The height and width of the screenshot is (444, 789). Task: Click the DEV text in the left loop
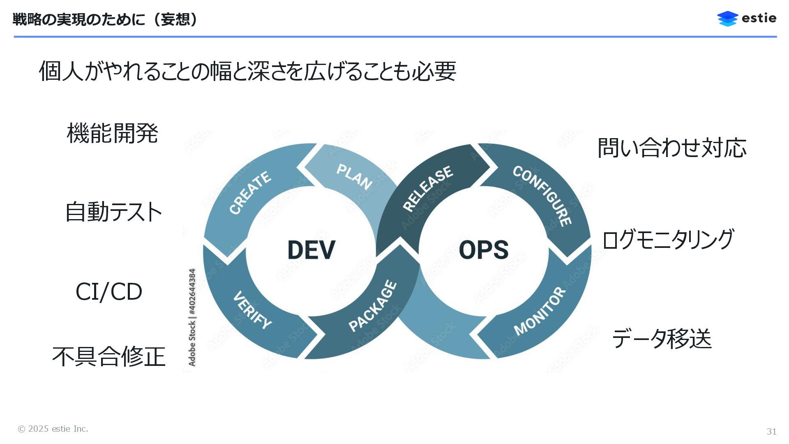click(x=311, y=250)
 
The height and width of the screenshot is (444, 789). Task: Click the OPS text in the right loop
click(x=483, y=250)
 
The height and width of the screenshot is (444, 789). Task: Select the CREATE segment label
click(x=250, y=192)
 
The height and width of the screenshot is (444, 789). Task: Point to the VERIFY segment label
click(x=252, y=310)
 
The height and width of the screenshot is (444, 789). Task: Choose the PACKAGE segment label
click(x=373, y=306)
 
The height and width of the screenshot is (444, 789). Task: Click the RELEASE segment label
click(x=428, y=189)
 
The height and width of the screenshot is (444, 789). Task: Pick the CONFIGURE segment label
click(x=542, y=196)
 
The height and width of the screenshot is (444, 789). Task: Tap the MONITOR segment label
click(x=540, y=311)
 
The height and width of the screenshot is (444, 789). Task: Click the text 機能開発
click(x=112, y=133)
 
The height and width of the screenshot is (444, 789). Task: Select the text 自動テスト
click(x=113, y=212)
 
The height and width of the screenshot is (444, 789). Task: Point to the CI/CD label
click(x=109, y=292)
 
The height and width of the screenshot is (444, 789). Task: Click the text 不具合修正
click(x=109, y=356)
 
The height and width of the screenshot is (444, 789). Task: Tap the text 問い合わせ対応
click(x=672, y=148)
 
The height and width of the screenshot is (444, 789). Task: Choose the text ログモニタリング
click(x=668, y=239)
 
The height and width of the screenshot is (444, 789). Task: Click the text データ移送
click(x=662, y=339)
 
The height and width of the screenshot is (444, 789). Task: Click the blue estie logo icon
click(x=727, y=18)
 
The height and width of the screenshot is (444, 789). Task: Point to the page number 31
click(x=771, y=431)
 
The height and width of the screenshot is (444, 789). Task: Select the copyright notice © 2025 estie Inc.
click(x=53, y=429)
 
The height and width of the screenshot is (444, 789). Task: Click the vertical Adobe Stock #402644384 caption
click(x=192, y=317)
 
